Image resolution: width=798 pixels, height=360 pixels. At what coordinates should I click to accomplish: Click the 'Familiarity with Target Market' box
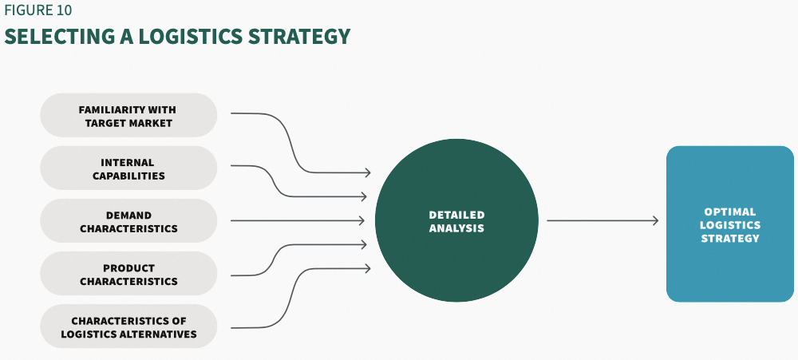(x=128, y=116)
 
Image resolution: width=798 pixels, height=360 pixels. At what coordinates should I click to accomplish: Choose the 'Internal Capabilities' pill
(x=128, y=168)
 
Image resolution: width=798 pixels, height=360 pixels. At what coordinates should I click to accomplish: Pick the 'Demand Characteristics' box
(x=128, y=221)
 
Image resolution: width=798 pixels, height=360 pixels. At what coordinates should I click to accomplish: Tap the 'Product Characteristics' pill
(x=128, y=274)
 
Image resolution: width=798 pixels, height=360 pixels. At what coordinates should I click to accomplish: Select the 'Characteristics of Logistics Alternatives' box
(x=128, y=327)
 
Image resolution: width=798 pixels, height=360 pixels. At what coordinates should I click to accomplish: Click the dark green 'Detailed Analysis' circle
(x=456, y=221)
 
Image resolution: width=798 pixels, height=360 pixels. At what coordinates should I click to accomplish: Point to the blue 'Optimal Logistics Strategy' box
(x=730, y=224)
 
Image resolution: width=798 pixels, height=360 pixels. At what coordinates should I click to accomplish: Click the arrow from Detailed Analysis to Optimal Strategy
(x=602, y=221)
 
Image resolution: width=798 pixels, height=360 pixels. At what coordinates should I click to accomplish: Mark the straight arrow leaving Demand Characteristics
(x=295, y=221)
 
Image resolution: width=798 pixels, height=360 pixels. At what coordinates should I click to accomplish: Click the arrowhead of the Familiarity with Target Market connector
(x=368, y=172)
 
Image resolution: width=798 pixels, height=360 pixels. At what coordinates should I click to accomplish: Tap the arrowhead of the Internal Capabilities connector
(x=364, y=196)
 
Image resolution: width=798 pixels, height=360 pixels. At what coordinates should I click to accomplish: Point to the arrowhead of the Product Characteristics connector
(x=364, y=244)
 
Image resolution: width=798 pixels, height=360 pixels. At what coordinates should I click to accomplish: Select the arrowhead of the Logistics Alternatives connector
(x=367, y=268)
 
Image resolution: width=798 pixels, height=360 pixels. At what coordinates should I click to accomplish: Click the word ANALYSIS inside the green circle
(x=456, y=228)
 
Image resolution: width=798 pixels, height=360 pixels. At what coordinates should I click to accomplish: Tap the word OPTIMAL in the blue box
(x=730, y=212)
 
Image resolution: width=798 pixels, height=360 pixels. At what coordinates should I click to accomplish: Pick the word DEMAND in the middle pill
(x=128, y=215)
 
